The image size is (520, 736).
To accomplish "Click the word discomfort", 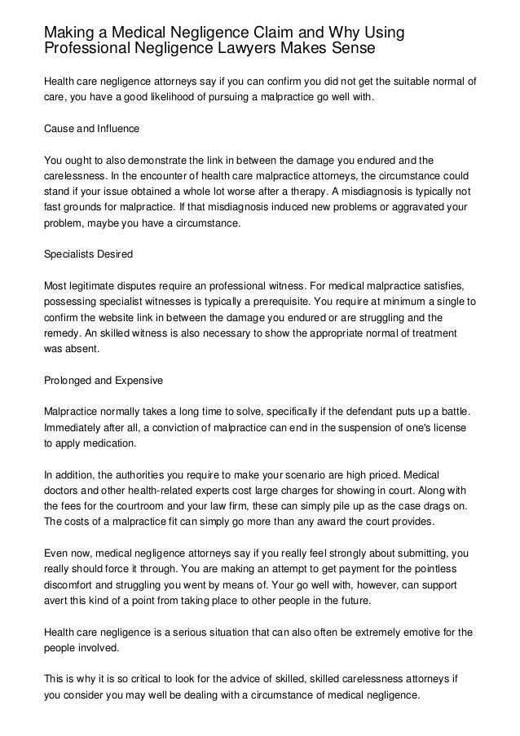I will (71, 584).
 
